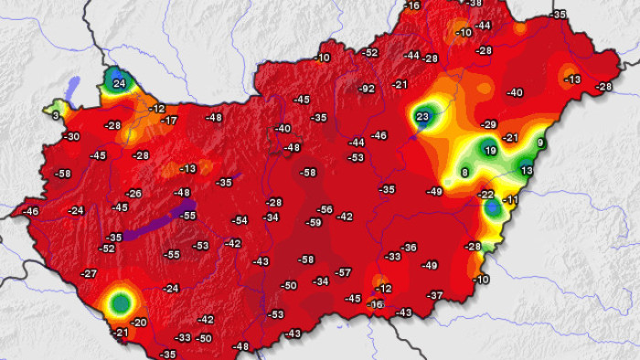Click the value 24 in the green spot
(x=119, y=83)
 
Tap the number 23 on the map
(x=422, y=117)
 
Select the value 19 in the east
(x=490, y=151)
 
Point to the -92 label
(x=367, y=89)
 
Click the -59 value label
(x=314, y=222)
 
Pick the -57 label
(x=343, y=272)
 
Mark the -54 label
(x=240, y=220)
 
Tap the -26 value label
(x=134, y=194)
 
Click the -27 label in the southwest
(x=89, y=274)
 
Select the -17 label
(x=169, y=121)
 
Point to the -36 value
(x=409, y=248)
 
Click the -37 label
(x=435, y=295)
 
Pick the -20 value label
(x=139, y=323)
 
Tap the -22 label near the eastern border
(x=486, y=195)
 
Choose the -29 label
(x=489, y=124)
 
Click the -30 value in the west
(x=71, y=136)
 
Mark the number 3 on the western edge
(x=56, y=115)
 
